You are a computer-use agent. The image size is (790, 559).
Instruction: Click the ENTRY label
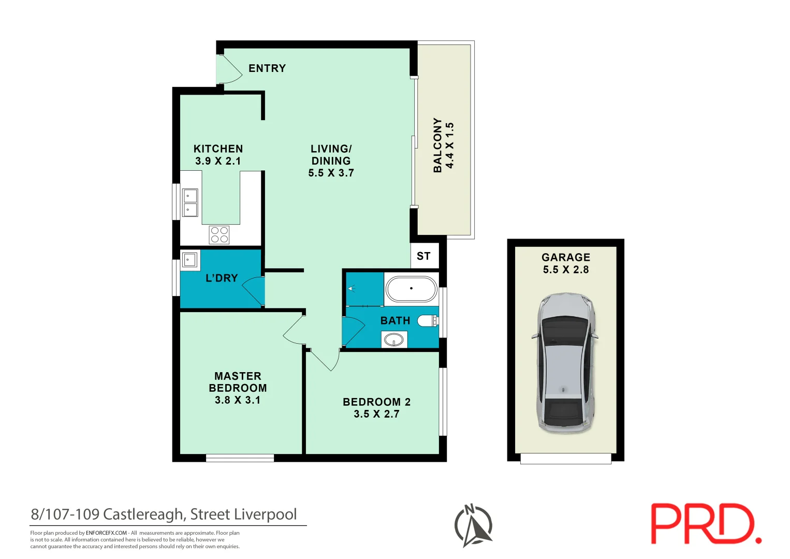pos(267,68)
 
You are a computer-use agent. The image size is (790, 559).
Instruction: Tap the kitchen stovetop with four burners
pos(219,234)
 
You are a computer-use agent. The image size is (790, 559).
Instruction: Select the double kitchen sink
pos(190,202)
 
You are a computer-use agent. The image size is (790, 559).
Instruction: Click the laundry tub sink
pos(189,259)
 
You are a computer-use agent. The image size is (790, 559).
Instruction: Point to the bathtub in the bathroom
pos(412,289)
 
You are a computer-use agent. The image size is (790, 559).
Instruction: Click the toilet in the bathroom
pos(428,321)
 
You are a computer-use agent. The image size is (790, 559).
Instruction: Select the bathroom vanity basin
pos(394,340)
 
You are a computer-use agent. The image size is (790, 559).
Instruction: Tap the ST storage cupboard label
pos(423,256)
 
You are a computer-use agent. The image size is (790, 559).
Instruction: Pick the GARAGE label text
pos(565,257)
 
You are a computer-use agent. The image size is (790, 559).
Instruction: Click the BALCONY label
pos(438,145)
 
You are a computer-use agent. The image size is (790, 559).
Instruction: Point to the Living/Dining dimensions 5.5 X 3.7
pos(331,173)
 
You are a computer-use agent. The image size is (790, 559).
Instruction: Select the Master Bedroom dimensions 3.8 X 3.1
pos(238,400)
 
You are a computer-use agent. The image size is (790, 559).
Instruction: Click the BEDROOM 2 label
pos(376,402)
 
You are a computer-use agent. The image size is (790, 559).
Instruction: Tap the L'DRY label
pos(222,278)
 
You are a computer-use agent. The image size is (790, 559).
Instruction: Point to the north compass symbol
pos(473,525)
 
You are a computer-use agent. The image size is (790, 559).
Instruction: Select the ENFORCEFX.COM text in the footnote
pos(106,533)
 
